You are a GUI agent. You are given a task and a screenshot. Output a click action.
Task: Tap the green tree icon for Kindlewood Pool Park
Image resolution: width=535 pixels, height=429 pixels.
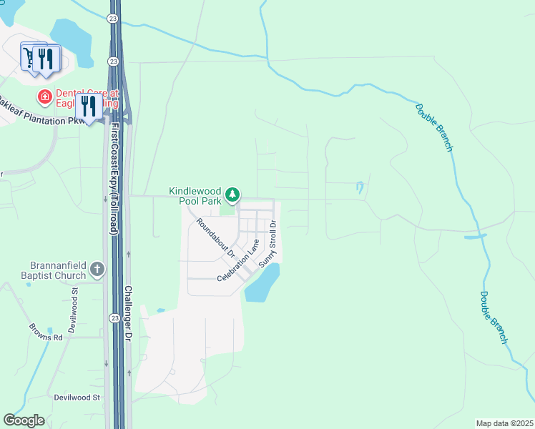(232, 194)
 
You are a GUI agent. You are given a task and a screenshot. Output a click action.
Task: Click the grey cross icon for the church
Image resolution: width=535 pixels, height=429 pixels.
(97, 270)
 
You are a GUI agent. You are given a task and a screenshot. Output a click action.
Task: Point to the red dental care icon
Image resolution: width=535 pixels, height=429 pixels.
(45, 96)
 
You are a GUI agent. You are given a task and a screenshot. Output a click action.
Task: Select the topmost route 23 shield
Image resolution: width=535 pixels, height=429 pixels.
(114, 19)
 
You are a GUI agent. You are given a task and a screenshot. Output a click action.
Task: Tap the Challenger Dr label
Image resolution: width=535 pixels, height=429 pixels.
(128, 312)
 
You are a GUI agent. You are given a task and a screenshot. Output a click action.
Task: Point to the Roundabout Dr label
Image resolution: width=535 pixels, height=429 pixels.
(215, 238)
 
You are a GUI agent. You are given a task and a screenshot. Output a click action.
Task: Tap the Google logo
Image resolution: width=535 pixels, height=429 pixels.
(24, 420)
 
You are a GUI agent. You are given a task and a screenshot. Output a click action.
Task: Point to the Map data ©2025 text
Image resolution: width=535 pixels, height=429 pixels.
(504, 423)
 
